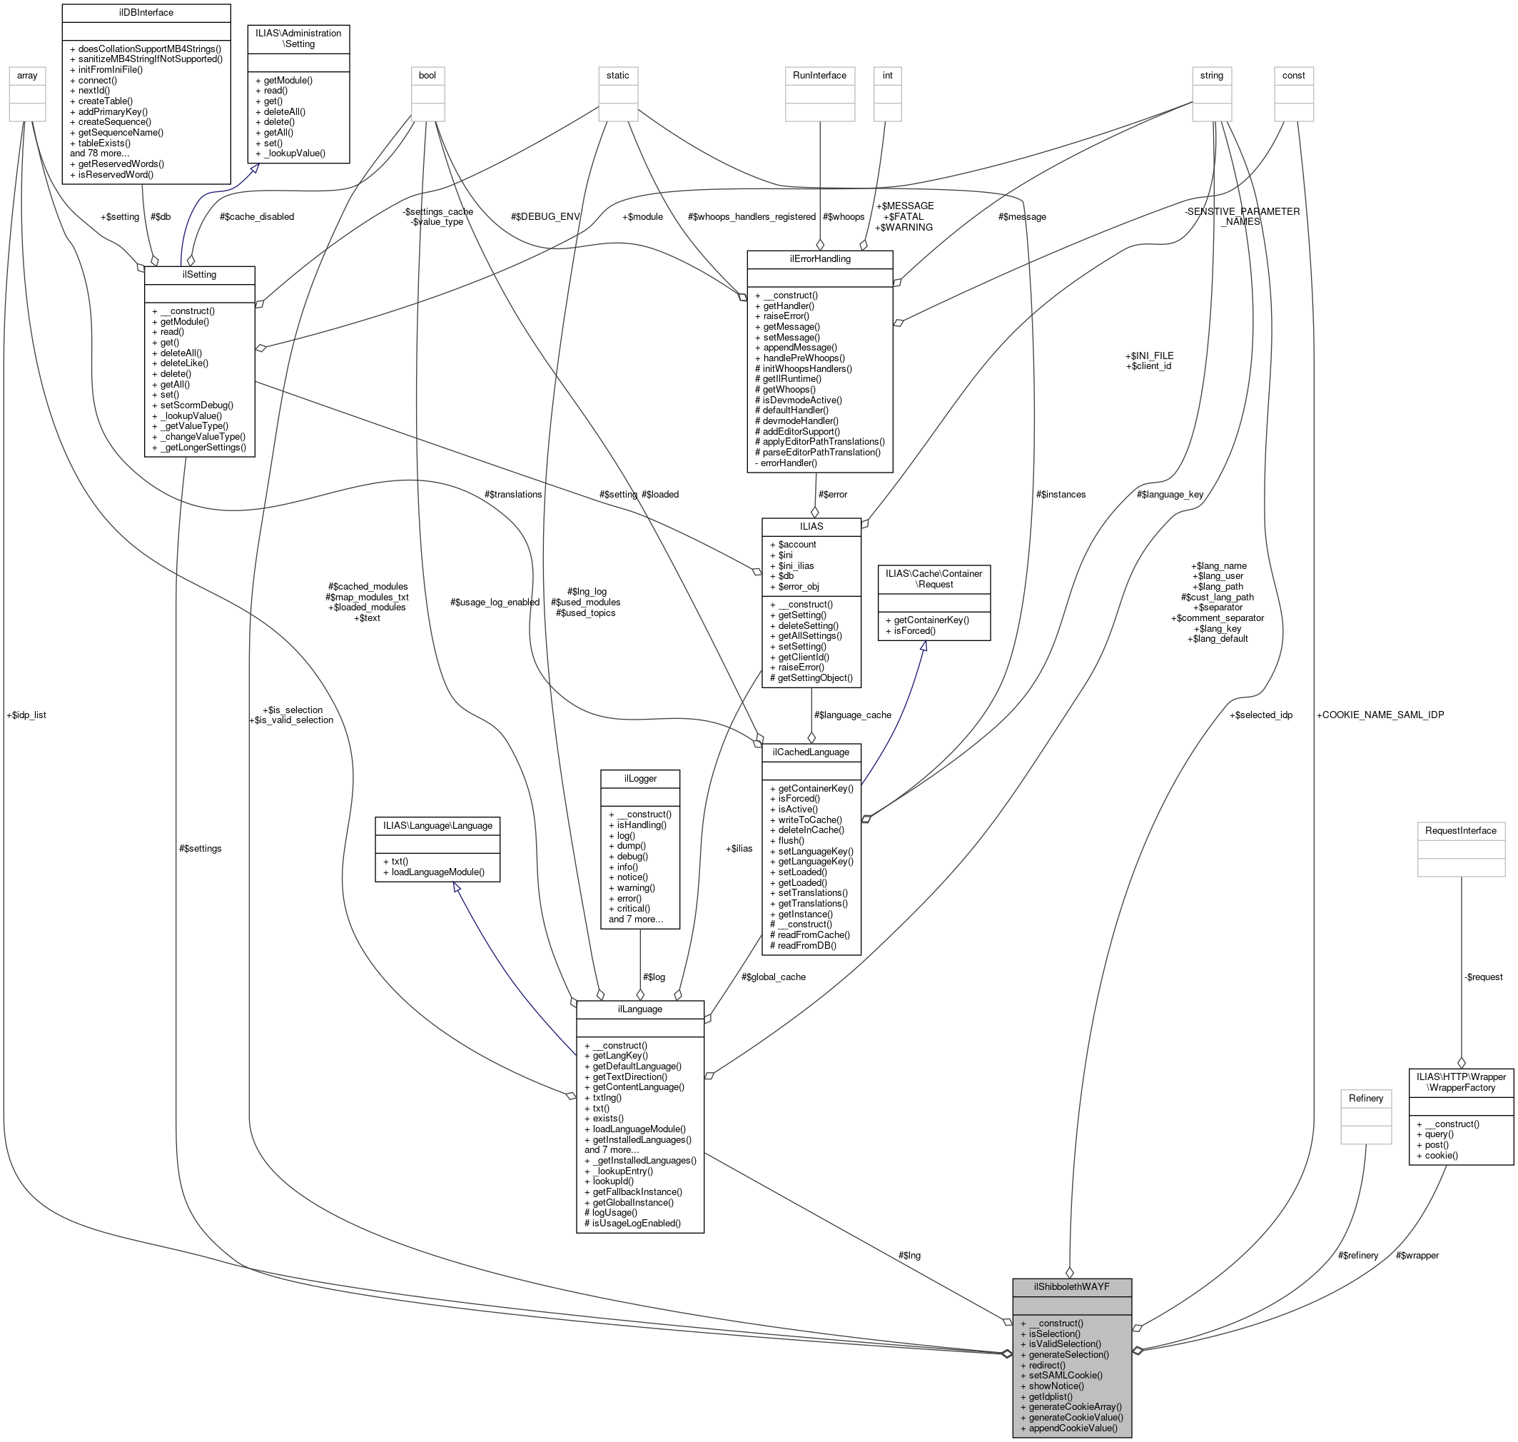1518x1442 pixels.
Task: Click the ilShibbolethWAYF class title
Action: [x=1071, y=1286]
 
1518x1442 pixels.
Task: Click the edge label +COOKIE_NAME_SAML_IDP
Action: [x=1380, y=715]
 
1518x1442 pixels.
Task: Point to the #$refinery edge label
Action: [x=1358, y=1255]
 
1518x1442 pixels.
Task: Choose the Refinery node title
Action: [x=1365, y=1099]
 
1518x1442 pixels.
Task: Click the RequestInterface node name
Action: [x=1460, y=831]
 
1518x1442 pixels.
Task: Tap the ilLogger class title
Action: [x=639, y=779]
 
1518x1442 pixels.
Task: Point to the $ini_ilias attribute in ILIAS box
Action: [x=796, y=565]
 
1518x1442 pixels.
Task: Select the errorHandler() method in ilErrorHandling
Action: [x=789, y=463]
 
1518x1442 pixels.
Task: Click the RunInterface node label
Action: [x=819, y=76]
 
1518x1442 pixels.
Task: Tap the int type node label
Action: [x=887, y=76]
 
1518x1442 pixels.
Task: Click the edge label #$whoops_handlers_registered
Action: [x=752, y=217]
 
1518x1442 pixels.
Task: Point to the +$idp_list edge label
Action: [x=26, y=715]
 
